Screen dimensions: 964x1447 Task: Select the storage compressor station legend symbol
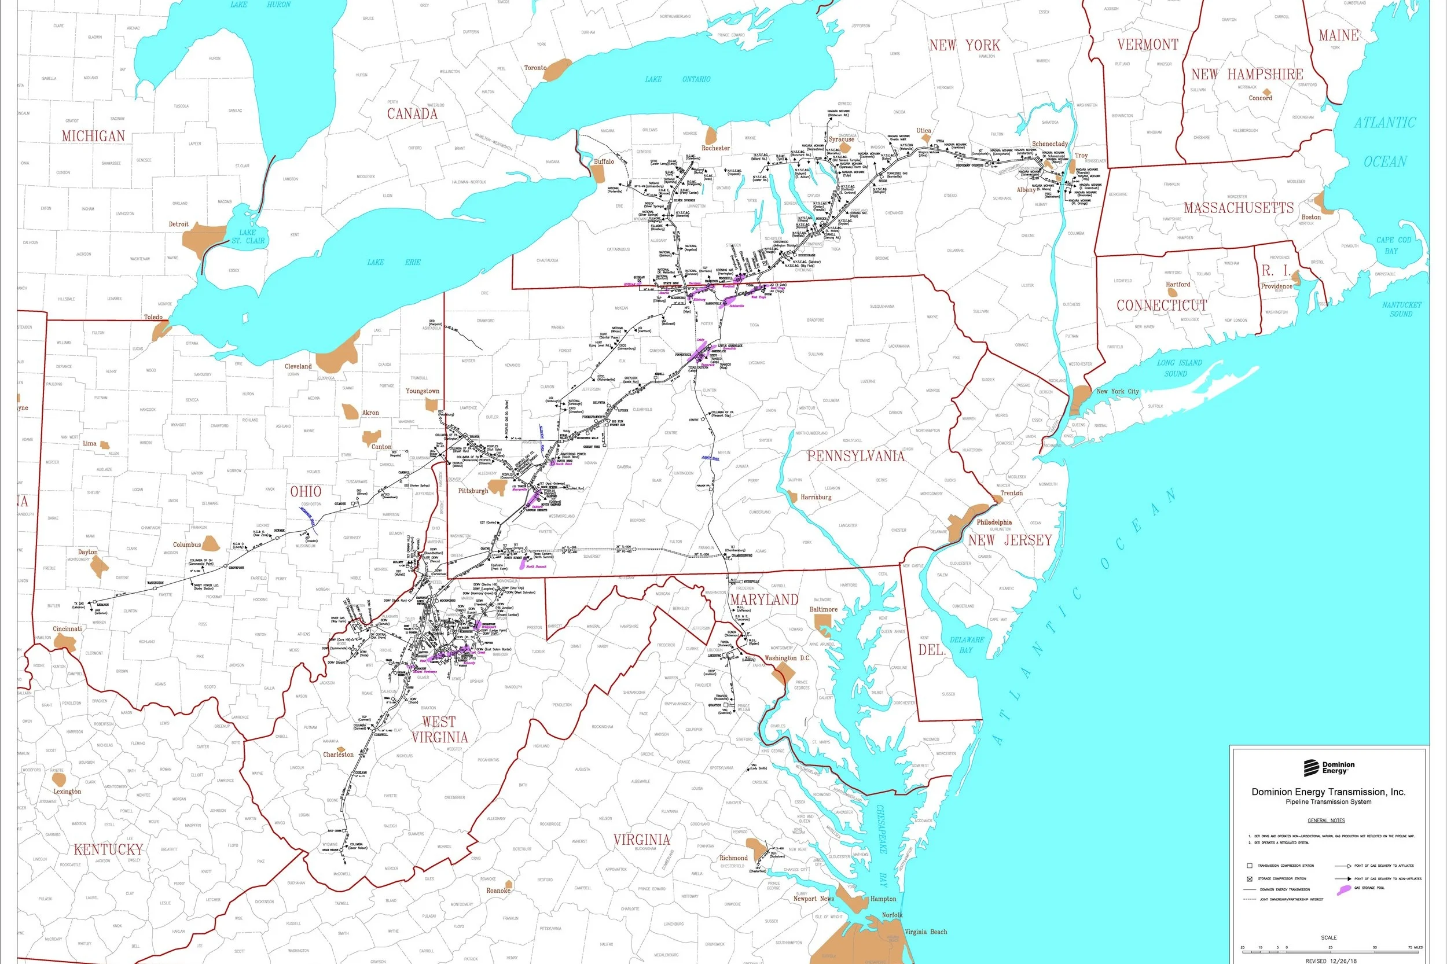point(1249,878)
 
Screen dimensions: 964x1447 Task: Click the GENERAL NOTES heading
point(1326,820)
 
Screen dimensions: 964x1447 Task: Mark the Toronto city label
point(534,68)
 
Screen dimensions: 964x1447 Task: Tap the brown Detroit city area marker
point(206,237)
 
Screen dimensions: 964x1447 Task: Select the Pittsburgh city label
point(472,491)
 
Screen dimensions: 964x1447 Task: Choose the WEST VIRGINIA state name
point(439,729)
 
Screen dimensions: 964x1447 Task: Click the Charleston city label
point(338,755)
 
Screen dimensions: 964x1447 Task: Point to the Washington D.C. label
point(787,658)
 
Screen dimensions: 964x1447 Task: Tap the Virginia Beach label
point(926,932)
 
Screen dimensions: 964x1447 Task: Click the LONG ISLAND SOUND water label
point(1179,367)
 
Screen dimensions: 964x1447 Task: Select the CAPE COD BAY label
point(1394,245)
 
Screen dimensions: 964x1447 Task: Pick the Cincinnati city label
point(67,629)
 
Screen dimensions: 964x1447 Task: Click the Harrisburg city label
point(816,496)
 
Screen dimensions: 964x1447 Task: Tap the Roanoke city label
point(498,890)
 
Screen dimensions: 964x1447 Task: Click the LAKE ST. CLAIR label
point(247,237)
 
